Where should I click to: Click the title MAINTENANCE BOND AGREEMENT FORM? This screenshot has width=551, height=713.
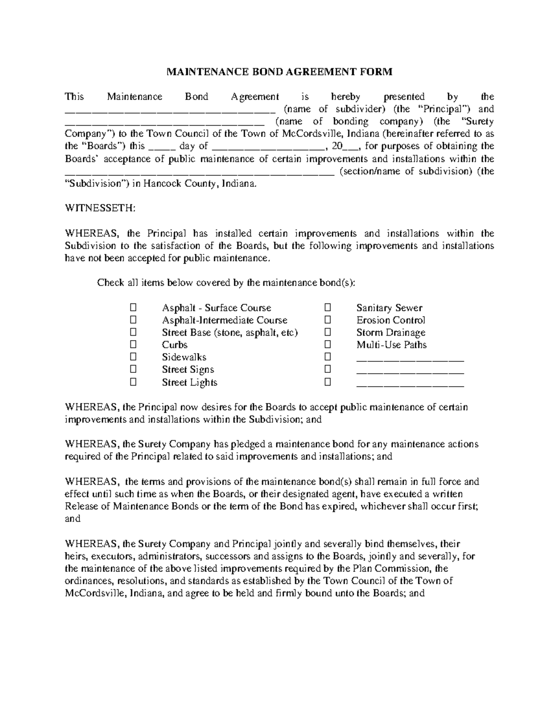[x=279, y=72]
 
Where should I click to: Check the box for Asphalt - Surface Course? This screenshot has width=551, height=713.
[x=133, y=307]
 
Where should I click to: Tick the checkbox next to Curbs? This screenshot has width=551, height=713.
[x=133, y=344]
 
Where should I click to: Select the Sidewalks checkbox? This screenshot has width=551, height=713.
[x=133, y=357]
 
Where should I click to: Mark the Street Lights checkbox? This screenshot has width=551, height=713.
[x=133, y=382]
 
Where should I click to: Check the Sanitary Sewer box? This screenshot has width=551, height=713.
[x=327, y=307]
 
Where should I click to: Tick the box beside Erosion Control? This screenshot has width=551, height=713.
[x=327, y=320]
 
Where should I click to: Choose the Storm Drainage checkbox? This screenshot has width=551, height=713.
[x=327, y=332]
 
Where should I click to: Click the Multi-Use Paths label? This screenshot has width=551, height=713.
[x=391, y=345]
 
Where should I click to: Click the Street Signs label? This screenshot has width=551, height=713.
[x=188, y=370]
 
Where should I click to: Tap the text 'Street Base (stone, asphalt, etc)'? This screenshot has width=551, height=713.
[x=230, y=332]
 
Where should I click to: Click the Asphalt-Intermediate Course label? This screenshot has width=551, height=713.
[x=225, y=320]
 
